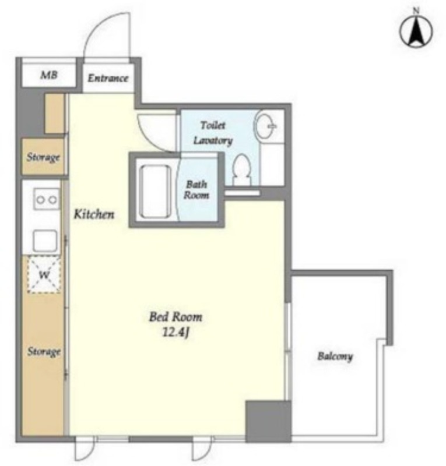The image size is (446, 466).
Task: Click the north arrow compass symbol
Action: coord(416,30)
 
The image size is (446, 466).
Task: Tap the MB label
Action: coord(49,75)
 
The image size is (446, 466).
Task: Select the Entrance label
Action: coord(108,78)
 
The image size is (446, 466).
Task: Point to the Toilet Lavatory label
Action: coord(213,133)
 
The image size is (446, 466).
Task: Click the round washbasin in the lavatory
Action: coord(265,126)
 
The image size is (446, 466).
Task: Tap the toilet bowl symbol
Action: coord(242,170)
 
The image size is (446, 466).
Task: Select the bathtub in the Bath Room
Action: coord(155,191)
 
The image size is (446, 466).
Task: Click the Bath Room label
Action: coord(196,190)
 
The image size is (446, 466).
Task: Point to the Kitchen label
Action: coord(94,214)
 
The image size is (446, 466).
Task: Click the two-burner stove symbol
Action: coord(46,199)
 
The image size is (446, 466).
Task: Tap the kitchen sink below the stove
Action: coord(45,241)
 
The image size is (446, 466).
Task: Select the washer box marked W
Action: coord(44,274)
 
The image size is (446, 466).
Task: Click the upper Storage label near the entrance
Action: coord(44,157)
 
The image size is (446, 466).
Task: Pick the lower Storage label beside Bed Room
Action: coord(44,352)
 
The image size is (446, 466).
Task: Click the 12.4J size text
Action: coord(176,332)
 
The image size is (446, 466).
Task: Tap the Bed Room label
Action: coord(175,317)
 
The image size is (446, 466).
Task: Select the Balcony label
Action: coord(335,356)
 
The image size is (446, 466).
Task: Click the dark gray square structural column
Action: coord(268,421)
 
